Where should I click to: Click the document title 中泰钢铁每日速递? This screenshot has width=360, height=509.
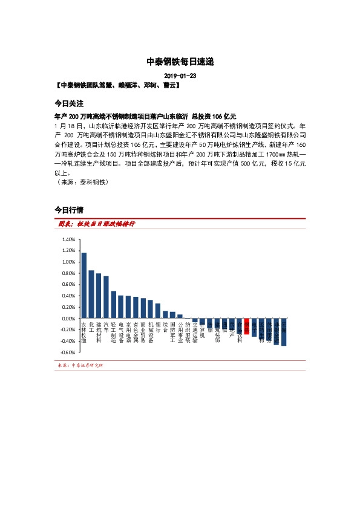pos(180,62)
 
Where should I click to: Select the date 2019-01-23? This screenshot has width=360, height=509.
pos(180,77)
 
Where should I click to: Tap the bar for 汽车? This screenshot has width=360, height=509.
pos(106,297)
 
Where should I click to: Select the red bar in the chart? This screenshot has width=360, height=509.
pos(247,322)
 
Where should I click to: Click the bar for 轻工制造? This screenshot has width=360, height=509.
pos(114,305)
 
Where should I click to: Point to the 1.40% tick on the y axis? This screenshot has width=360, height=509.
pos(68,239)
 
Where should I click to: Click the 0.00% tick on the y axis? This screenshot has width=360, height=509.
pos(68,319)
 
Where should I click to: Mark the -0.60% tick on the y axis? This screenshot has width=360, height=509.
pos(68,352)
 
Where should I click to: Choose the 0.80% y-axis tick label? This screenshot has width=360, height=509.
pos(68,273)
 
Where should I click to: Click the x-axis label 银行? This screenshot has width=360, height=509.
pos(158,328)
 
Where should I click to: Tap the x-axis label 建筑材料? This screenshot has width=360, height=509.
pos(99,332)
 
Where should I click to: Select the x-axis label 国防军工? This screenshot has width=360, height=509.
pos(172,332)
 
